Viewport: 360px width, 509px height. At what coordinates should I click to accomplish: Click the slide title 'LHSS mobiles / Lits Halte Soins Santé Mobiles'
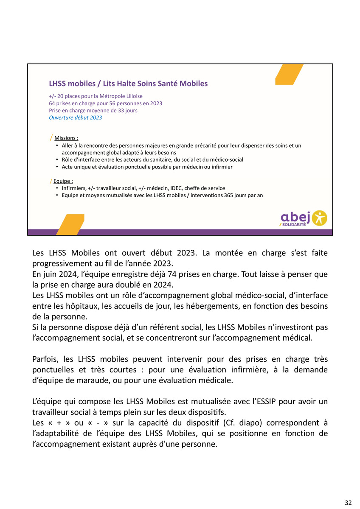pos(128,84)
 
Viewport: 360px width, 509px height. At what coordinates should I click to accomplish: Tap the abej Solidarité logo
pos(303,218)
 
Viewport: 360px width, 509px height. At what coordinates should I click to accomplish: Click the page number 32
pos(348,503)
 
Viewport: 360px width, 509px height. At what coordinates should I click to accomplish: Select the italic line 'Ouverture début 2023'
pos(75,117)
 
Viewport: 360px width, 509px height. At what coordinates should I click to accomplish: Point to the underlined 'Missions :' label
pos(66,138)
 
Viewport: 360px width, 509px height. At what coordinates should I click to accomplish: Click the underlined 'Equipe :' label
pos(63,181)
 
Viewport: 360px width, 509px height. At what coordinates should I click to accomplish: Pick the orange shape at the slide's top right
pos(289,74)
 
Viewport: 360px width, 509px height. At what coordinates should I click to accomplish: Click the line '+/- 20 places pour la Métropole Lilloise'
pos(96,96)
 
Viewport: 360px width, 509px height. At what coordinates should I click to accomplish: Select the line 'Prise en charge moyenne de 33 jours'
pos(93,110)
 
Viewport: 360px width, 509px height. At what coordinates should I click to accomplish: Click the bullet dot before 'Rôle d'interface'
pos(57,160)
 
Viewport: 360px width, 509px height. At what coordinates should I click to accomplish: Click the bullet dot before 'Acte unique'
pos(57,167)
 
